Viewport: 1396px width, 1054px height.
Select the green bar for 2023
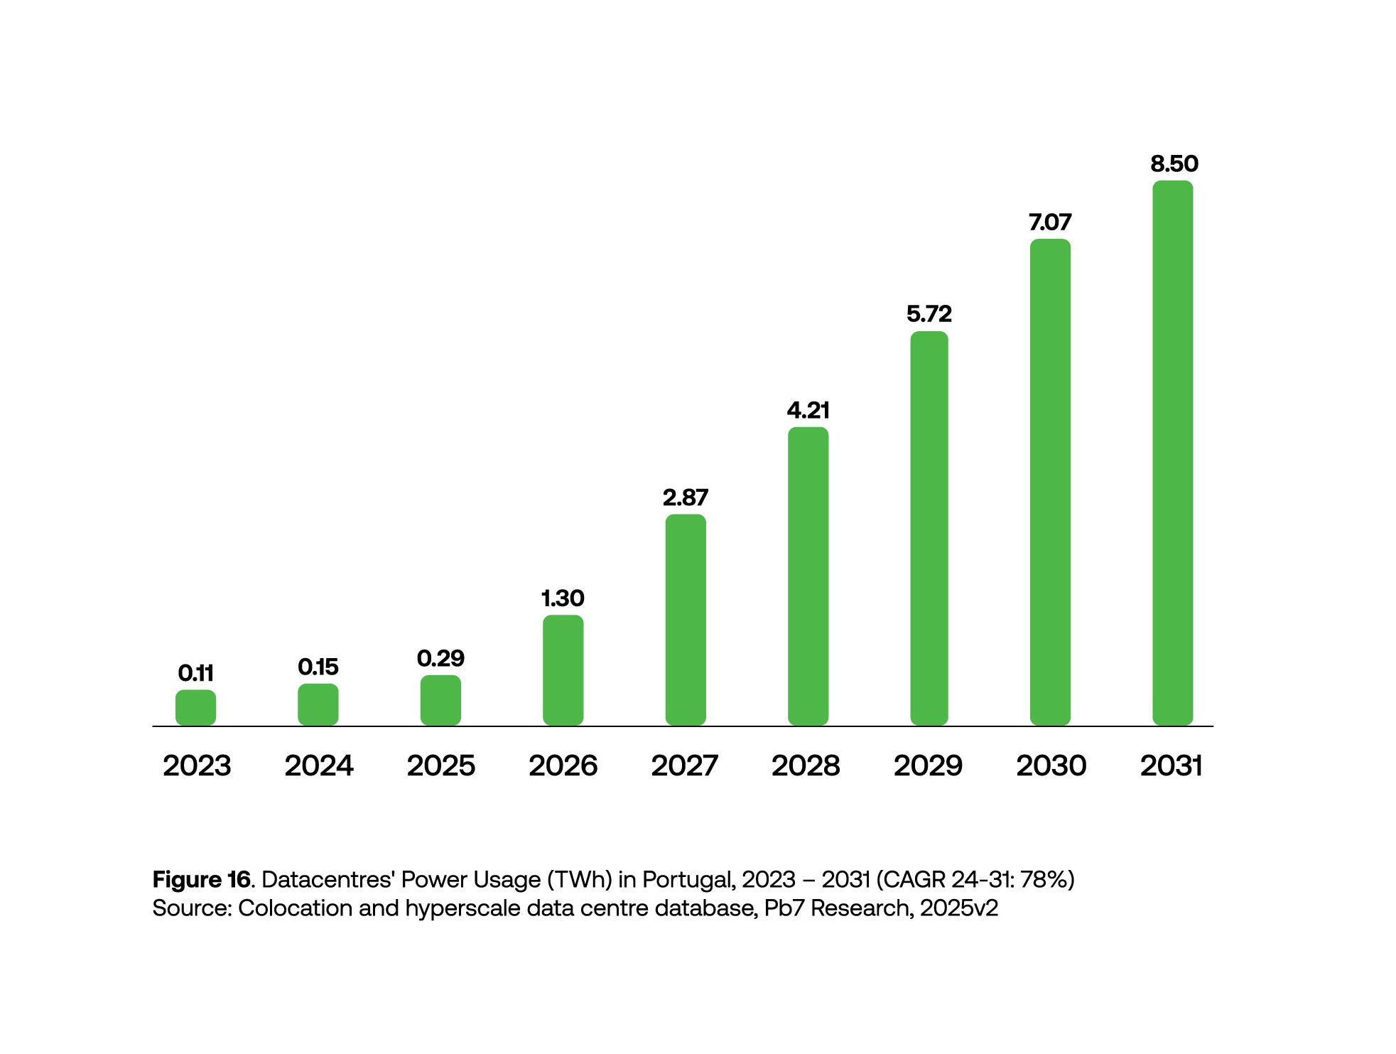(195, 707)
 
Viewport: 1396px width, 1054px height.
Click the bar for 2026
(563, 669)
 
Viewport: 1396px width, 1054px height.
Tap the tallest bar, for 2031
(1172, 453)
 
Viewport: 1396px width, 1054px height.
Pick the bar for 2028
(808, 576)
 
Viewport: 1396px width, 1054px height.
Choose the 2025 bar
(440, 700)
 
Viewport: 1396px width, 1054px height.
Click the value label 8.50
(1174, 164)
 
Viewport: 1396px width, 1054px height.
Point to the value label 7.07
(1050, 222)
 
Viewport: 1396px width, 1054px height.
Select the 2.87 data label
(685, 498)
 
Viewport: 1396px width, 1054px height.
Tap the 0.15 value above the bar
(318, 667)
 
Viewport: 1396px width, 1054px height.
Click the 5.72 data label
(929, 314)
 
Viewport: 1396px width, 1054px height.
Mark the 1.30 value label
(563, 598)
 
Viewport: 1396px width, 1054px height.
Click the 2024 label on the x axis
(319, 765)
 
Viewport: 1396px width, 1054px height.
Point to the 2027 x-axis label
(685, 765)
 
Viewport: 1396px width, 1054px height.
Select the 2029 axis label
(928, 765)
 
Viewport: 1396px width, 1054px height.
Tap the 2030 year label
(1051, 765)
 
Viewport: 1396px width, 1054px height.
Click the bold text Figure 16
(202, 880)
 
